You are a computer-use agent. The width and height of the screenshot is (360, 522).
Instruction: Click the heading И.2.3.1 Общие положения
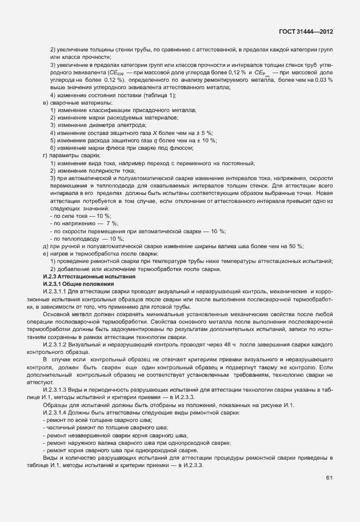[x=79, y=284]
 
